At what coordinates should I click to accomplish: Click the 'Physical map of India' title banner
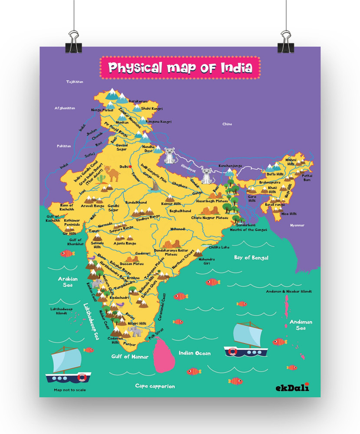pyautogui.click(x=180, y=68)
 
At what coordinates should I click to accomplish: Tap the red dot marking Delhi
pyautogui.click(x=130, y=166)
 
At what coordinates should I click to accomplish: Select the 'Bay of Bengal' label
pyautogui.click(x=251, y=258)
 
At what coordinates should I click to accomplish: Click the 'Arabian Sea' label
pyautogui.click(x=68, y=282)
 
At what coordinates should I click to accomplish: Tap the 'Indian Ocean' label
pyautogui.click(x=195, y=353)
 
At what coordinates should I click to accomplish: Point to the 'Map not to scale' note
pyautogui.click(x=69, y=390)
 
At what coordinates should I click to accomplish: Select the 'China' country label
pyautogui.click(x=227, y=124)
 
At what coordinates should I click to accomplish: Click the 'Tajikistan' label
pyautogui.click(x=74, y=82)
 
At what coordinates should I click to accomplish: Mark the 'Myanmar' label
pyautogui.click(x=298, y=225)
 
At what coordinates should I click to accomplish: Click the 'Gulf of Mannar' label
pyautogui.click(x=130, y=357)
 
